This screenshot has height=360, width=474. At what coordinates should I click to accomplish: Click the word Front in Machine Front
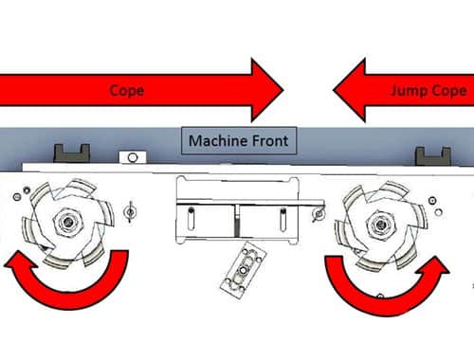pos(269,142)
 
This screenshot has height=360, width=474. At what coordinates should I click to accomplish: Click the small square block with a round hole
pos(129,156)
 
